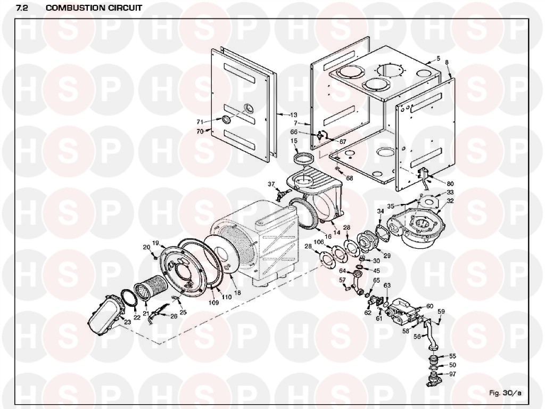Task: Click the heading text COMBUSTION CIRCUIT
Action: click(x=94, y=7)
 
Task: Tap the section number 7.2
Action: click(x=22, y=7)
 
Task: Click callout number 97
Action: click(x=452, y=374)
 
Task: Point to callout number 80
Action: click(x=450, y=184)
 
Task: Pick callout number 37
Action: click(x=271, y=184)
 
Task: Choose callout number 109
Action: click(x=213, y=302)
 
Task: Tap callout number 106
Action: click(x=319, y=242)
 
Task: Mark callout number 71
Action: click(x=200, y=122)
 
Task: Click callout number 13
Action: click(x=294, y=115)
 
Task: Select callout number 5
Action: click(x=439, y=59)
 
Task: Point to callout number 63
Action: click(x=387, y=285)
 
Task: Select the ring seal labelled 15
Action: click(x=305, y=159)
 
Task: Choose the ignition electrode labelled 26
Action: click(x=157, y=313)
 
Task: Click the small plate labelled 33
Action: click(x=427, y=201)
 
